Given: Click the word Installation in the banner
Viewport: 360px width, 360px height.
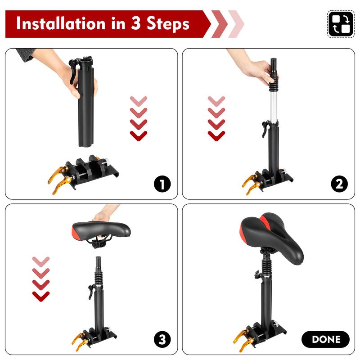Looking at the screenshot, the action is click(61, 24).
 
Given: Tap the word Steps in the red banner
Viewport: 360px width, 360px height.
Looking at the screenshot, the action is click(168, 24).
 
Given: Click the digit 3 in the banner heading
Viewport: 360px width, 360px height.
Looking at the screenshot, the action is click(136, 23).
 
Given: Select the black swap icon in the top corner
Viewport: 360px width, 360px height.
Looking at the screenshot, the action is click(341, 24).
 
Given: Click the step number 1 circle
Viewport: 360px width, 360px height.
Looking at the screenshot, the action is click(162, 184).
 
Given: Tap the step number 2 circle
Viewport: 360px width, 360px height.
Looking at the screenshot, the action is click(339, 184).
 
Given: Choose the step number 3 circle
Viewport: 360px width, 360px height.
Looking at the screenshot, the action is click(162, 339).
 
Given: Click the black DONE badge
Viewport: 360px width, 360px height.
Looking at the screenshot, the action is click(325, 339).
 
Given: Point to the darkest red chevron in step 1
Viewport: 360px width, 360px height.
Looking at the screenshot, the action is click(139, 136).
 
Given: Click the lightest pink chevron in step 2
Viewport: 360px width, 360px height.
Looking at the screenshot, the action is click(216, 101).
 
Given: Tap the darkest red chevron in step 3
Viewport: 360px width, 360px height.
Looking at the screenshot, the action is click(41, 297).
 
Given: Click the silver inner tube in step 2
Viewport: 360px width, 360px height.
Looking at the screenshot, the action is click(273, 106).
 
